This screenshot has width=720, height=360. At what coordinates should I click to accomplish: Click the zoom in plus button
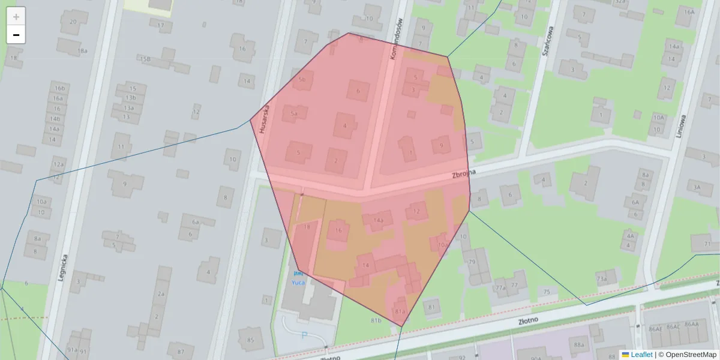pos(16,17)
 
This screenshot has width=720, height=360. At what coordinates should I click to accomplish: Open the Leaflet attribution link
pos(641,355)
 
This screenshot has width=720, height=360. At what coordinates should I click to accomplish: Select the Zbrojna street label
pos(464,173)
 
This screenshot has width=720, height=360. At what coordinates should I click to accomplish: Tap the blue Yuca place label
pos(298,282)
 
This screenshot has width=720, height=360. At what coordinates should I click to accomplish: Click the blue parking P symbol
pos(304,336)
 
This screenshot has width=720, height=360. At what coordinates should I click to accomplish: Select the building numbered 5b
pos(302,79)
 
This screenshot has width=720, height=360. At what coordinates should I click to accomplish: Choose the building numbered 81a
pos(400,311)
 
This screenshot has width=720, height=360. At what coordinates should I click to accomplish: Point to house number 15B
pos(145,59)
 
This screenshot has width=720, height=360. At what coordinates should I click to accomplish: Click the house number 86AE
pos(656,328)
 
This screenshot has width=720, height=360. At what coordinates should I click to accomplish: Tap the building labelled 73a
pos(601,278)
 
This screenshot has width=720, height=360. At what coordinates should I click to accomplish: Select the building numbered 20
pos(73,22)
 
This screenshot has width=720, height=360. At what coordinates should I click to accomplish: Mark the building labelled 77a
pos(501,287)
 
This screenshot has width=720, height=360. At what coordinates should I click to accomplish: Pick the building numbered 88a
pos(578,345)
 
